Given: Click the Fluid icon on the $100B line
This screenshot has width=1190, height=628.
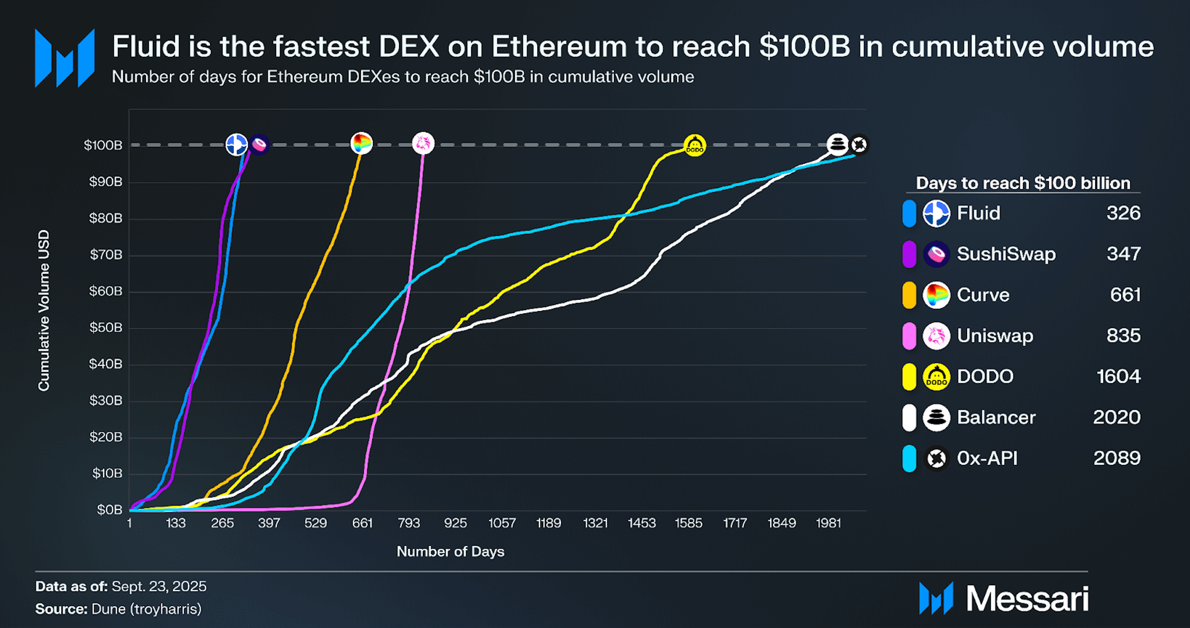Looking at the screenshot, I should (237, 144).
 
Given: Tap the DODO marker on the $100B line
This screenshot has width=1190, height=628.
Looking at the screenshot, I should (694, 145).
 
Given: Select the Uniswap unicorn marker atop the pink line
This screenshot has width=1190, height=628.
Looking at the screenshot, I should (423, 143).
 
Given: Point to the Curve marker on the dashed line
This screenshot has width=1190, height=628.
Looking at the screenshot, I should (361, 143).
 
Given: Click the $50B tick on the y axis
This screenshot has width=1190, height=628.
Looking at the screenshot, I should (106, 328).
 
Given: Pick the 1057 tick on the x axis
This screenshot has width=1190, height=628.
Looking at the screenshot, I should (502, 523).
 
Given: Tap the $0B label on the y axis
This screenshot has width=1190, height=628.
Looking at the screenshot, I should (109, 510).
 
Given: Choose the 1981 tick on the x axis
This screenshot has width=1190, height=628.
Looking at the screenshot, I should (828, 523).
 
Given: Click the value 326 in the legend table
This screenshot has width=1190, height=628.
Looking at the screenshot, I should (1123, 213).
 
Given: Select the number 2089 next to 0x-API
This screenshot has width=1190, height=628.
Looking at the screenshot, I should (1117, 458).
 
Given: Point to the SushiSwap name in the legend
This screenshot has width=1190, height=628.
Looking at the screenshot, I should (1006, 254).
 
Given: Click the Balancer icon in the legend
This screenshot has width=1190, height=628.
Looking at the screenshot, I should (936, 418).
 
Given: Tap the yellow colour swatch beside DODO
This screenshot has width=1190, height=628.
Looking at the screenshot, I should (909, 376).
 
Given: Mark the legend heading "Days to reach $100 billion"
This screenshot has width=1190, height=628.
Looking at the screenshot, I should (1023, 183).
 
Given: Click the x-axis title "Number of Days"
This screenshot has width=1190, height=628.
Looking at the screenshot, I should (451, 551).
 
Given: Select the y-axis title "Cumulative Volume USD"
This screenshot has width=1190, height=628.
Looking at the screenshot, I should (44, 310).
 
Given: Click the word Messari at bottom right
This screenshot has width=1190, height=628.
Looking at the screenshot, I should (1027, 599).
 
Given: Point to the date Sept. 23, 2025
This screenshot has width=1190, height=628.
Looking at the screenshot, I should (159, 586).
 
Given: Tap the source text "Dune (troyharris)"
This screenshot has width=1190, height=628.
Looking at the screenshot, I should (146, 609).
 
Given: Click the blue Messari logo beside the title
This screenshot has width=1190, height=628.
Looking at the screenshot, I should (64, 58).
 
